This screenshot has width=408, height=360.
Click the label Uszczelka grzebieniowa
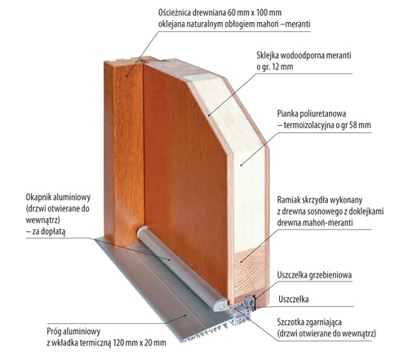click(x=314, y=275)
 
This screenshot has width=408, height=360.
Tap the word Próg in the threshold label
click(x=54, y=331)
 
